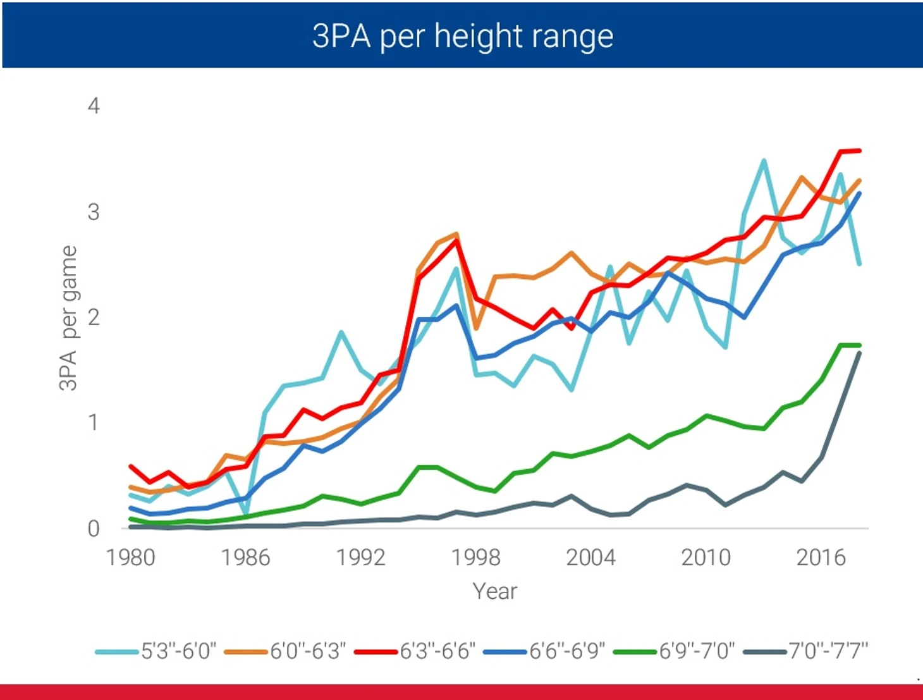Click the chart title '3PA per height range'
(x=462, y=36)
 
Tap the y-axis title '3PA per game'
(x=68, y=318)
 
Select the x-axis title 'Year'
(x=494, y=591)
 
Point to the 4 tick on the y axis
(x=94, y=106)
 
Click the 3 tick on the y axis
(x=94, y=211)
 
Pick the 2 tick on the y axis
(x=94, y=317)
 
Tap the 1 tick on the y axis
(x=94, y=422)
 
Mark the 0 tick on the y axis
(x=94, y=528)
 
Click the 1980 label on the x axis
(x=130, y=558)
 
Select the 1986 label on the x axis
(x=245, y=558)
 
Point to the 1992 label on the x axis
(x=360, y=558)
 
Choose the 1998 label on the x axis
(x=475, y=558)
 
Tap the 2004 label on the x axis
(x=590, y=558)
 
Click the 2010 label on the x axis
(x=706, y=558)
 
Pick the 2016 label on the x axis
(x=821, y=558)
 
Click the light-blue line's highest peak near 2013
(x=764, y=161)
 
